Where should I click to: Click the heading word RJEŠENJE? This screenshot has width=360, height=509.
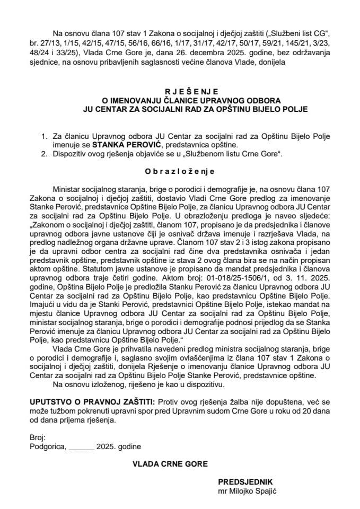pos(180,91)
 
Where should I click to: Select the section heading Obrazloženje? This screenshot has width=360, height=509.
pos(180,171)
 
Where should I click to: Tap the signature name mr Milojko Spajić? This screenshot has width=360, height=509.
pos(248,490)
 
